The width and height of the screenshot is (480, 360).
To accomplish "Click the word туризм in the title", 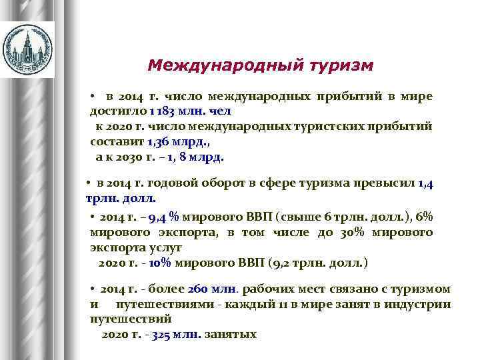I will pos(341,66).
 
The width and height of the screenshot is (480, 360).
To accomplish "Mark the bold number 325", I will pos(162,334).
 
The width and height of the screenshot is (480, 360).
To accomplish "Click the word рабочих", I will pos(269,289).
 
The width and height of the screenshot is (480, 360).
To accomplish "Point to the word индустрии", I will pos(423,304).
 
